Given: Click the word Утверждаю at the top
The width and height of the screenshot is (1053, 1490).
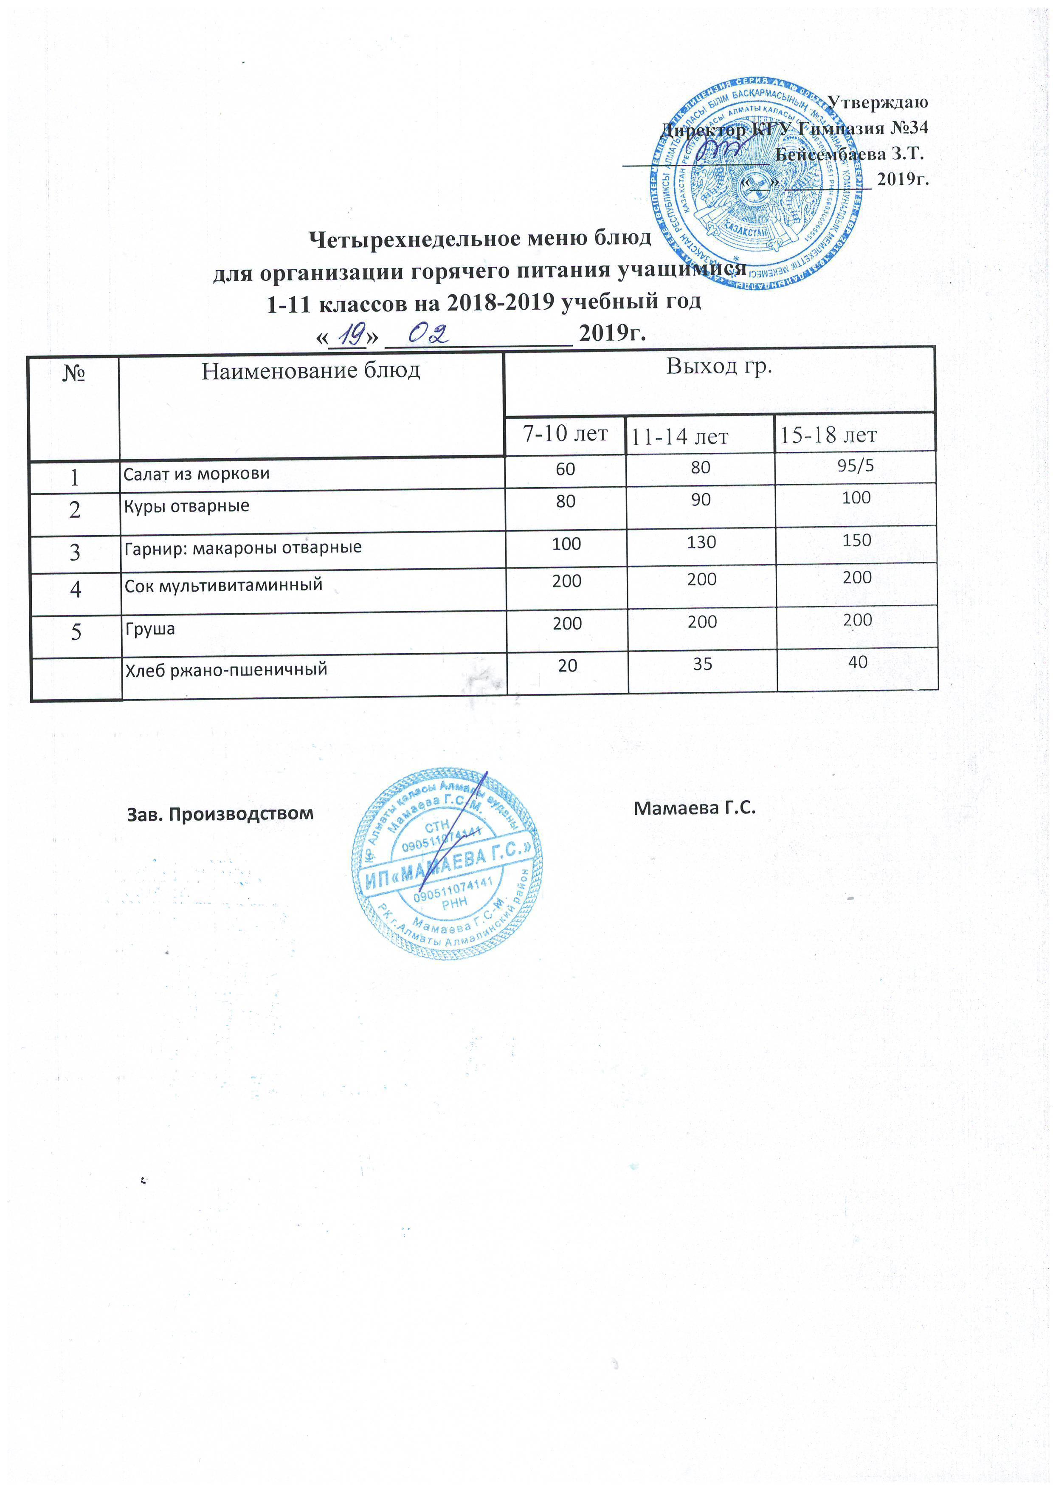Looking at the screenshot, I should (x=878, y=102).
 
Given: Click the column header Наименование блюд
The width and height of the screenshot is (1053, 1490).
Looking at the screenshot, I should (x=311, y=371).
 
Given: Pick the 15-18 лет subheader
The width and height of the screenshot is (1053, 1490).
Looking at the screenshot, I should (x=828, y=435).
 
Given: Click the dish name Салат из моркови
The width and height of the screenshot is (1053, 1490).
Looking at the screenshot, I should (x=197, y=474).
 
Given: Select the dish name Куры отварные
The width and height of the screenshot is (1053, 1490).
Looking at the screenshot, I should (x=187, y=506).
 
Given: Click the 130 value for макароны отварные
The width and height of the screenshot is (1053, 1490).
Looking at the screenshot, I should (x=701, y=542).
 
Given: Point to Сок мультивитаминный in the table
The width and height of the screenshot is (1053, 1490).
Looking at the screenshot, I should (x=224, y=585).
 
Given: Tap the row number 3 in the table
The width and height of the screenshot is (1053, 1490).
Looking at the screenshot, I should (x=75, y=552).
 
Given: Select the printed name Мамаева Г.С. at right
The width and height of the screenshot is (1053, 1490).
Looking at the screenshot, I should (x=695, y=809).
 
